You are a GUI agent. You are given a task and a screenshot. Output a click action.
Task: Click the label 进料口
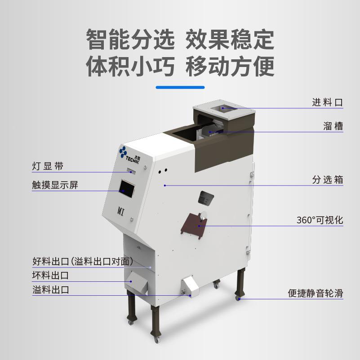[x=328, y=102]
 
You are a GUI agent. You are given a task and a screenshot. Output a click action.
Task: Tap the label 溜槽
[x=333, y=126]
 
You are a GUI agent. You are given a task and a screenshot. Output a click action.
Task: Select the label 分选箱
[x=328, y=180]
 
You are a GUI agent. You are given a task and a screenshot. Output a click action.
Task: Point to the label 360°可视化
[x=320, y=220]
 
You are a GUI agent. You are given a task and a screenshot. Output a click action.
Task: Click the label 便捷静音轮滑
[x=316, y=293]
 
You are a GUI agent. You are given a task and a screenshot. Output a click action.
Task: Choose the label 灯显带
[x=48, y=166]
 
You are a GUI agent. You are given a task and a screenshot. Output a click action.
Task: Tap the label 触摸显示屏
[x=55, y=185]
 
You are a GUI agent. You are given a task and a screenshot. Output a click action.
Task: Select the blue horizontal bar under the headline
[x=180, y=87]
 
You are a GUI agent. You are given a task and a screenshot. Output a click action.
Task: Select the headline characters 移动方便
[x=230, y=66]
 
